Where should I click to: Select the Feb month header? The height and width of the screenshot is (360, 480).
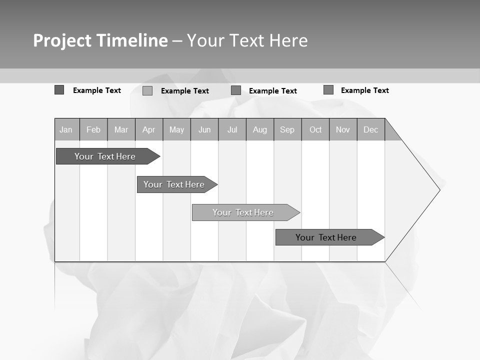(93, 129)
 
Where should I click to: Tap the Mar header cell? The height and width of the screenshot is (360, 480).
(121, 129)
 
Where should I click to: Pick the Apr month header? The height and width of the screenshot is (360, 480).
(149, 129)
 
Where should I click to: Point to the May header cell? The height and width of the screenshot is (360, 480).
(176, 129)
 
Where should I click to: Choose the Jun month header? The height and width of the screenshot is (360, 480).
(204, 129)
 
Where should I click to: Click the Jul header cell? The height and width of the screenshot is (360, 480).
(232, 129)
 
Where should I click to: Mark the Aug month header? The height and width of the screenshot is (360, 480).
(260, 129)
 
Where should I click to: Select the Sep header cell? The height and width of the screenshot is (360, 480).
(287, 129)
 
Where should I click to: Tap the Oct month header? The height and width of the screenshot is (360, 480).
(315, 129)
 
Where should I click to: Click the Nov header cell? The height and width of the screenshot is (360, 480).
(343, 129)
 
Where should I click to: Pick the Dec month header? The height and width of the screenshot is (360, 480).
(371, 129)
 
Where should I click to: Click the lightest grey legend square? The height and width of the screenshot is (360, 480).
(147, 91)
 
